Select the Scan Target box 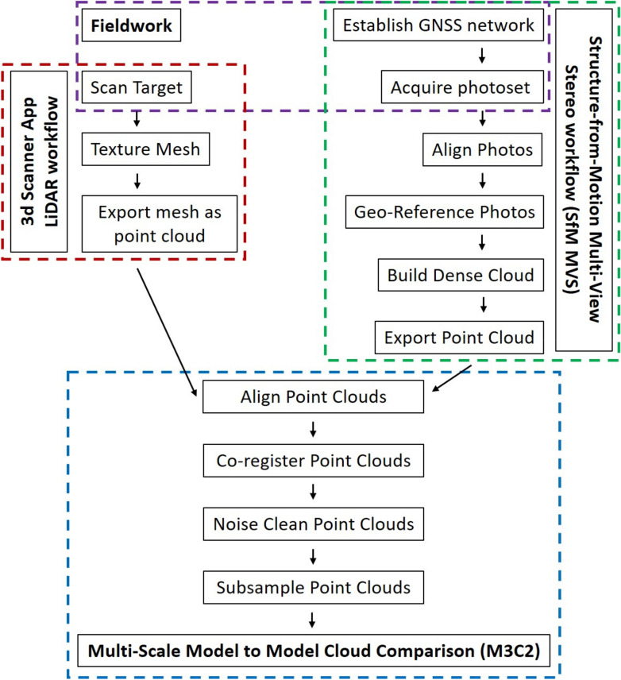136,87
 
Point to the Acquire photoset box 439,87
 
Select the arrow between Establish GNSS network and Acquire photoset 439,57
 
